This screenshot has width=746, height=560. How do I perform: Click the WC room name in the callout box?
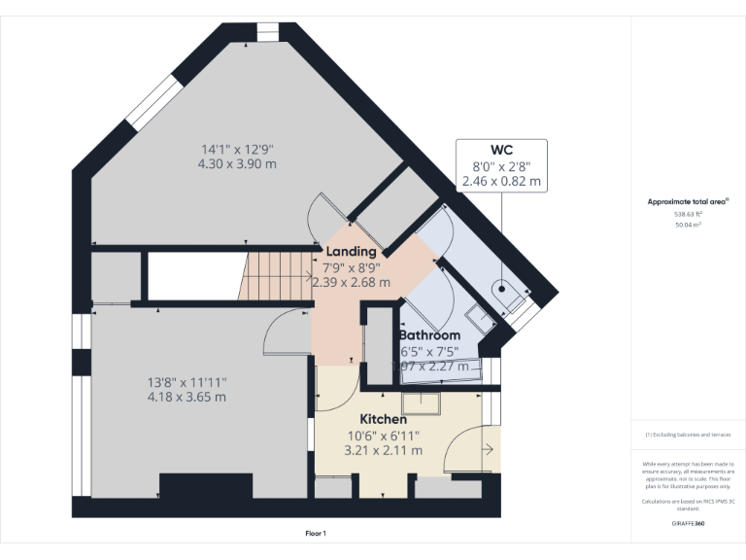(x=501, y=150)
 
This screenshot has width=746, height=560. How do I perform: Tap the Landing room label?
(x=351, y=252)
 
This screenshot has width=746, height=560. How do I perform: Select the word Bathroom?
(x=430, y=335)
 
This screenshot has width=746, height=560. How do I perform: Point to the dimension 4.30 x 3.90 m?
(x=237, y=164)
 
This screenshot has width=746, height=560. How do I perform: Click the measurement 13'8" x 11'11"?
(x=186, y=382)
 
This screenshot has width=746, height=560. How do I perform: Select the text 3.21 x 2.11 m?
(x=383, y=450)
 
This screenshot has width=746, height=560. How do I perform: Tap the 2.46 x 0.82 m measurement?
(x=501, y=181)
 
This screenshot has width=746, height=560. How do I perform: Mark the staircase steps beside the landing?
(x=276, y=275)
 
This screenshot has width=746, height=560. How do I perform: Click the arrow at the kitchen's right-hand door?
(x=488, y=449)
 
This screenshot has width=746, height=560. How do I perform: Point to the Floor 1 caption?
(x=316, y=534)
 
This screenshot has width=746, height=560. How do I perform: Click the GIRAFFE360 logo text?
(x=689, y=523)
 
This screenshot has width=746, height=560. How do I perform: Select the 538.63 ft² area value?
(x=689, y=214)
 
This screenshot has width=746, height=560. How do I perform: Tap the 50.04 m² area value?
(x=689, y=224)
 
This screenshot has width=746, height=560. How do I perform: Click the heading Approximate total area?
(x=688, y=202)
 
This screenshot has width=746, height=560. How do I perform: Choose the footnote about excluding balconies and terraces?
(x=689, y=435)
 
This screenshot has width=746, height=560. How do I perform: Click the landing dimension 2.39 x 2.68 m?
(x=351, y=283)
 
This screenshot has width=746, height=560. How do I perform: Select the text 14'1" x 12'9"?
(x=237, y=149)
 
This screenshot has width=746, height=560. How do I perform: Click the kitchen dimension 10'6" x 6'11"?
(x=383, y=435)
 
